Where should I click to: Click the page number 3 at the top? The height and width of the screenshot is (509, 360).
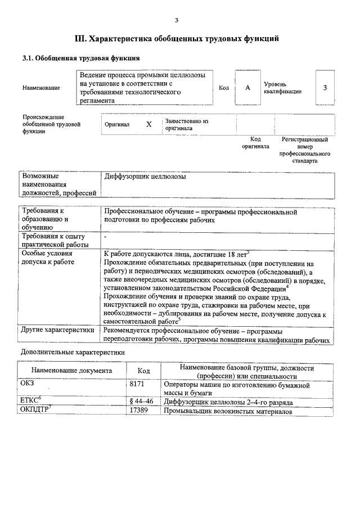176,21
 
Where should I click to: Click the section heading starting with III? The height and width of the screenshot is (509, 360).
177,39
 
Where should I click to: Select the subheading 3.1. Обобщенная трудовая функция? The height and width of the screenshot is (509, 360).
80,58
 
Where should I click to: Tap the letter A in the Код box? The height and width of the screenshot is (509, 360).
247,88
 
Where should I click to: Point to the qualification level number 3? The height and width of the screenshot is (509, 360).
325,88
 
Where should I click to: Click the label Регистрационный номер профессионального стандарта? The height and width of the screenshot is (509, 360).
305,150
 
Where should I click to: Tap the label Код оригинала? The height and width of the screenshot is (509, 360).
255,143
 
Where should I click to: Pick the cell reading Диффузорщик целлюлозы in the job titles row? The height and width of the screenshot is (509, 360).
145,177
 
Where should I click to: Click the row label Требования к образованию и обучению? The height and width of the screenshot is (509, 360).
45,219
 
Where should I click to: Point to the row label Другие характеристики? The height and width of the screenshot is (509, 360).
57,330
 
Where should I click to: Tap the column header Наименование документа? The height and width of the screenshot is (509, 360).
71,371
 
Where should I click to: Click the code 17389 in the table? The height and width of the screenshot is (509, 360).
138,412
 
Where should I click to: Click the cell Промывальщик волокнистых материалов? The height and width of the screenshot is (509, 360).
228,412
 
